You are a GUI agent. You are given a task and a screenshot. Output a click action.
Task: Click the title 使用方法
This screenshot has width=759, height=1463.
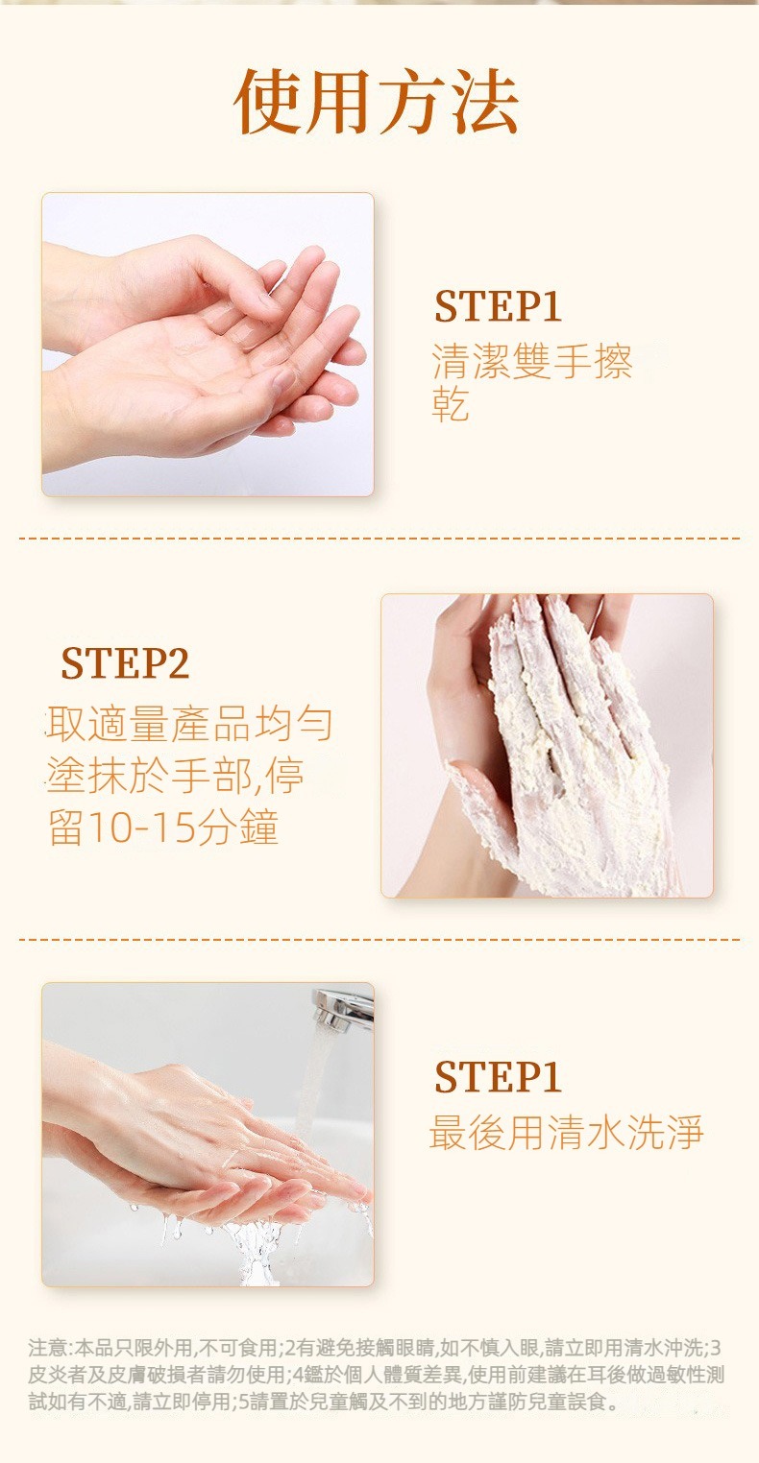click(377, 102)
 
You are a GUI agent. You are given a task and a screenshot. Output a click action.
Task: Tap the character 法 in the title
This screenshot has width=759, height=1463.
click(486, 102)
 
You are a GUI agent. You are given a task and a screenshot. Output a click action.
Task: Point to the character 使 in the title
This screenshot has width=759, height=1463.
click(268, 102)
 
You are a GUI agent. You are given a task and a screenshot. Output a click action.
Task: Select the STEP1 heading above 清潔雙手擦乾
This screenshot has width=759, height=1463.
click(498, 306)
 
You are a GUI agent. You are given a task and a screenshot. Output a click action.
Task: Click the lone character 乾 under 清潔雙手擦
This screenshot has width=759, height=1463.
click(451, 405)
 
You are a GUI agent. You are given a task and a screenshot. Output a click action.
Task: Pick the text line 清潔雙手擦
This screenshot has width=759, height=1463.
click(532, 361)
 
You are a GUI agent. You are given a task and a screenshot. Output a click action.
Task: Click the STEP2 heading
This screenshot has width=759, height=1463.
click(125, 663)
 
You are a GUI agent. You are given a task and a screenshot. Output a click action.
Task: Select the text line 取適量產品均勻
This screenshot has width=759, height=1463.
click(189, 724)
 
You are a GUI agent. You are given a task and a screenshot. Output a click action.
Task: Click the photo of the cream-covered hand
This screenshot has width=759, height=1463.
click(547, 745)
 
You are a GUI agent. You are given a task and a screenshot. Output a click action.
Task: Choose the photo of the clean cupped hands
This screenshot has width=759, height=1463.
click(208, 345)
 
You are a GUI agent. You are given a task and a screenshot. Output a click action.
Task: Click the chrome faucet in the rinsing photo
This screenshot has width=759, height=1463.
click(343, 1008)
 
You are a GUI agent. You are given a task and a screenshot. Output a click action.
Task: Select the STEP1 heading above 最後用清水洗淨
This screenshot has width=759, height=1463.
click(498, 1077)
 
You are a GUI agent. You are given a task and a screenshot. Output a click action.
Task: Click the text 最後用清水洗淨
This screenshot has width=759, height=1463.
click(566, 1133)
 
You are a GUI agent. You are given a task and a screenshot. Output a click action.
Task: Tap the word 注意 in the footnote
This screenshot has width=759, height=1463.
click(48, 1348)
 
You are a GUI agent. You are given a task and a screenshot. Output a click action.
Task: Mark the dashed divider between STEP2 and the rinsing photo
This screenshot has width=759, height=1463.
click(379, 940)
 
